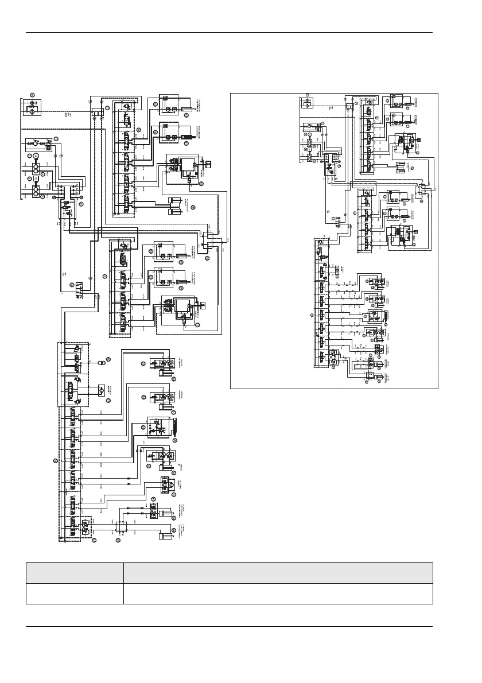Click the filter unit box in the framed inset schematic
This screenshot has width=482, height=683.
click(x=307, y=103)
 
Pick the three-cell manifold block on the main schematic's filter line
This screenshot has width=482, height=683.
click(x=97, y=110)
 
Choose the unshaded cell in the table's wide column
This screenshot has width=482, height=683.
click(x=278, y=594)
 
